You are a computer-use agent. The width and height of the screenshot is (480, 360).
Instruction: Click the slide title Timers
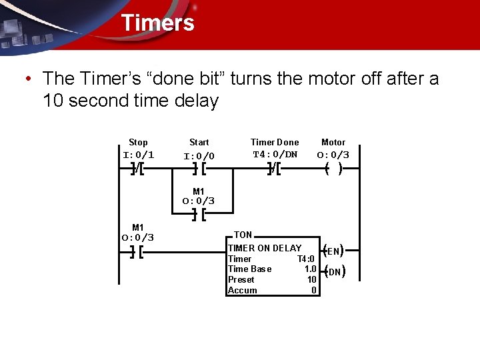click(x=157, y=23)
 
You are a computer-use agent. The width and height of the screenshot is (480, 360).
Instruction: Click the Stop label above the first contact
click(x=138, y=142)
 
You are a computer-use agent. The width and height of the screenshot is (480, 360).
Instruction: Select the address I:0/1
click(x=139, y=155)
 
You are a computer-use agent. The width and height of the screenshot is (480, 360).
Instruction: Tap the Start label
click(x=199, y=142)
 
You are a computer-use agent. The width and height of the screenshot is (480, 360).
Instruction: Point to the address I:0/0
click(x=199, y=156)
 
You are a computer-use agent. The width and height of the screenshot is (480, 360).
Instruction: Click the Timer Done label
click(x=275, y=142)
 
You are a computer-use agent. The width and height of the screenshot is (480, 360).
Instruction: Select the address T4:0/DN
click(x=275, y=155)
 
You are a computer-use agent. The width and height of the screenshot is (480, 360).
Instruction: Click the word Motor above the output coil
click(x=333, y=142)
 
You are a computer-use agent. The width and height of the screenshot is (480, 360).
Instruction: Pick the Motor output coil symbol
click(x=333, y=169)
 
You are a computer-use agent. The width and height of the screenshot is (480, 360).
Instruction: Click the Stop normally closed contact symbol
click(x=139, y=169)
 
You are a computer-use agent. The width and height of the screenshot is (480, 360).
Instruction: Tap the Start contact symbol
click(x=199, y=169)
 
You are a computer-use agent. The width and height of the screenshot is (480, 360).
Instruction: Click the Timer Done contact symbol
click(x=274, y=169)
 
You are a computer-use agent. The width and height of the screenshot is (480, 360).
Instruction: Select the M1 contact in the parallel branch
click(x=198, y=215)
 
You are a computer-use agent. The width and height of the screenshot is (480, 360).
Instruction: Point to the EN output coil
click(x=333, y=251)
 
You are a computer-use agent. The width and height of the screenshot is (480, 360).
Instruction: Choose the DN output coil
click(x=333, y=271)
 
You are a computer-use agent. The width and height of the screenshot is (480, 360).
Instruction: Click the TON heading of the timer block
click(x=243, y=235)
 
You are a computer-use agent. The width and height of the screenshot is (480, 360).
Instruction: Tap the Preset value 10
click(x=311, y=280)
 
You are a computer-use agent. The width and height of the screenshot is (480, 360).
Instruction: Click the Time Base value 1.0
click(x=310, y=269)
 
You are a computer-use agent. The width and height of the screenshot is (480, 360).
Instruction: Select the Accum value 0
click(x=313, y=291)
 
